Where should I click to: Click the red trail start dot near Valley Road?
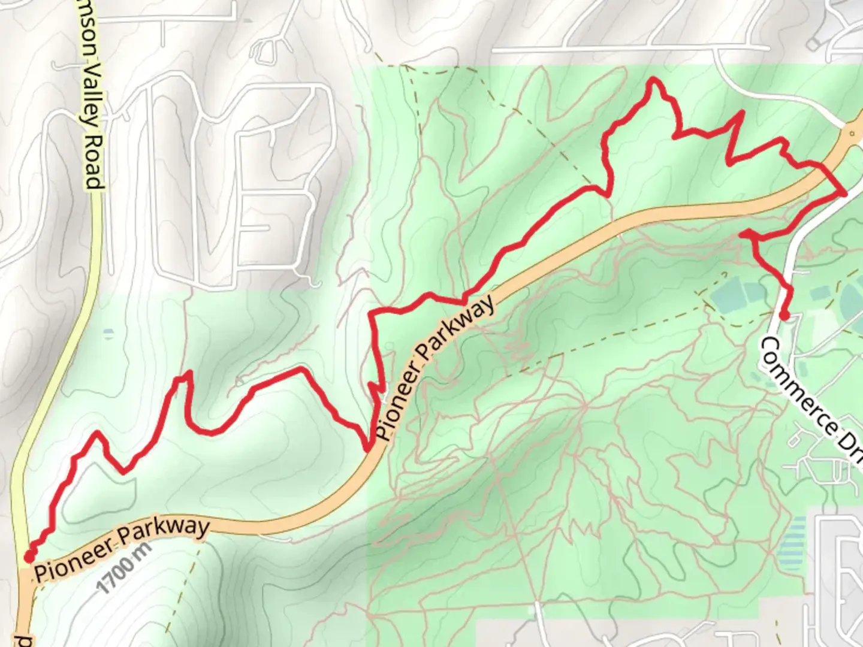coord(28,557)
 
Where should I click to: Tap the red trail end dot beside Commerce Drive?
coord(783,316)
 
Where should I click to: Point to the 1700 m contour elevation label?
coord(124,567)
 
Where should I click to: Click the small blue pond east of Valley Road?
coord(108,331)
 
